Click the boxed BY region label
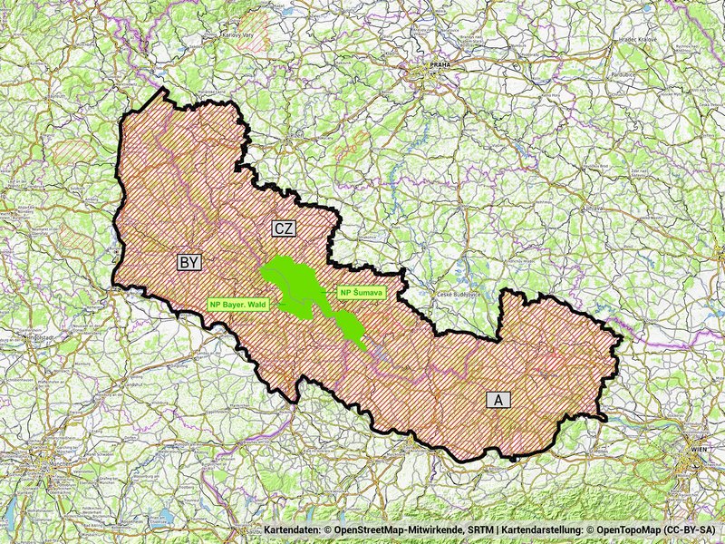pos(188,262)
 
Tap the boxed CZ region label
pos(285,229)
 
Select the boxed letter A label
pos(497,399)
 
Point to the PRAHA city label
pos(441,65)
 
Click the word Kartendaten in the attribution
pos(293,529)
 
